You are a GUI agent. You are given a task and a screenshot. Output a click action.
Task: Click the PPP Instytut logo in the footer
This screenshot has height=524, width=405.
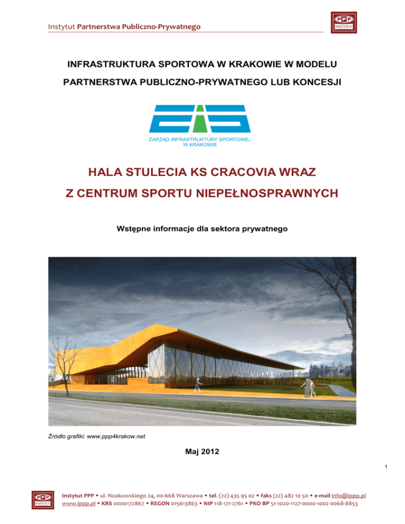(42, 499)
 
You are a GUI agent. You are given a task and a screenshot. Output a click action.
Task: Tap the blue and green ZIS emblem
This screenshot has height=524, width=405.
(200, 119)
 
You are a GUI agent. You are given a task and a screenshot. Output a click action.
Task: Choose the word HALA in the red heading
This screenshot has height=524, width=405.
(107, 172)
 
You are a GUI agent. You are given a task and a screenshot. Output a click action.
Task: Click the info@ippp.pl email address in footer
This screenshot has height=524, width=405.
(349, 496)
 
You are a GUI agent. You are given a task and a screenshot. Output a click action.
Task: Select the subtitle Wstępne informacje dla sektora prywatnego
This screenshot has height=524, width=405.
(202, 229)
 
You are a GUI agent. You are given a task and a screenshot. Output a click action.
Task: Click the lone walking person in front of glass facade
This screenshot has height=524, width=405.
(198, 384)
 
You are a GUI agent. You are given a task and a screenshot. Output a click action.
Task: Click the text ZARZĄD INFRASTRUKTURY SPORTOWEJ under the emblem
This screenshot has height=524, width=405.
(201, 140)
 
